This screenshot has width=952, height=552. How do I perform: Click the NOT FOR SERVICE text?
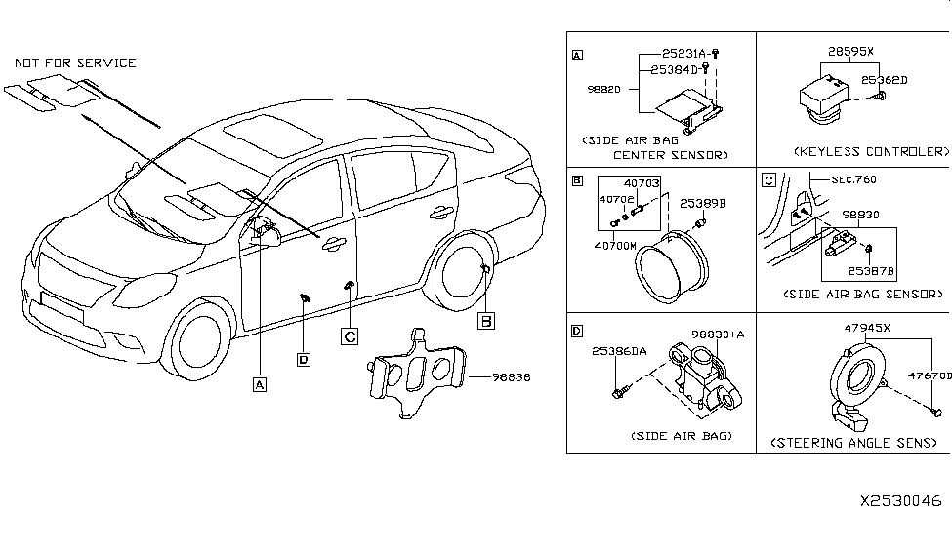click(75, 63)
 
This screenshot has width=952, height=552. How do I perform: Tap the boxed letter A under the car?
click(260, 383)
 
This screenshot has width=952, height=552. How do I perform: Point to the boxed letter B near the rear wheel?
click(485, 319)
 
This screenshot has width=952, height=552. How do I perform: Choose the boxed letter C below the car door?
click(349, 336)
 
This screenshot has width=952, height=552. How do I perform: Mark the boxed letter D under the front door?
click(304, 359)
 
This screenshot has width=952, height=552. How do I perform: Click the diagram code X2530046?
click(900, 500)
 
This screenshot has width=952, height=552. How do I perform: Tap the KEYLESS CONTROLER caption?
click(871, 152)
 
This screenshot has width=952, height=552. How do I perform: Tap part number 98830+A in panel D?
click(718, 334)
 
